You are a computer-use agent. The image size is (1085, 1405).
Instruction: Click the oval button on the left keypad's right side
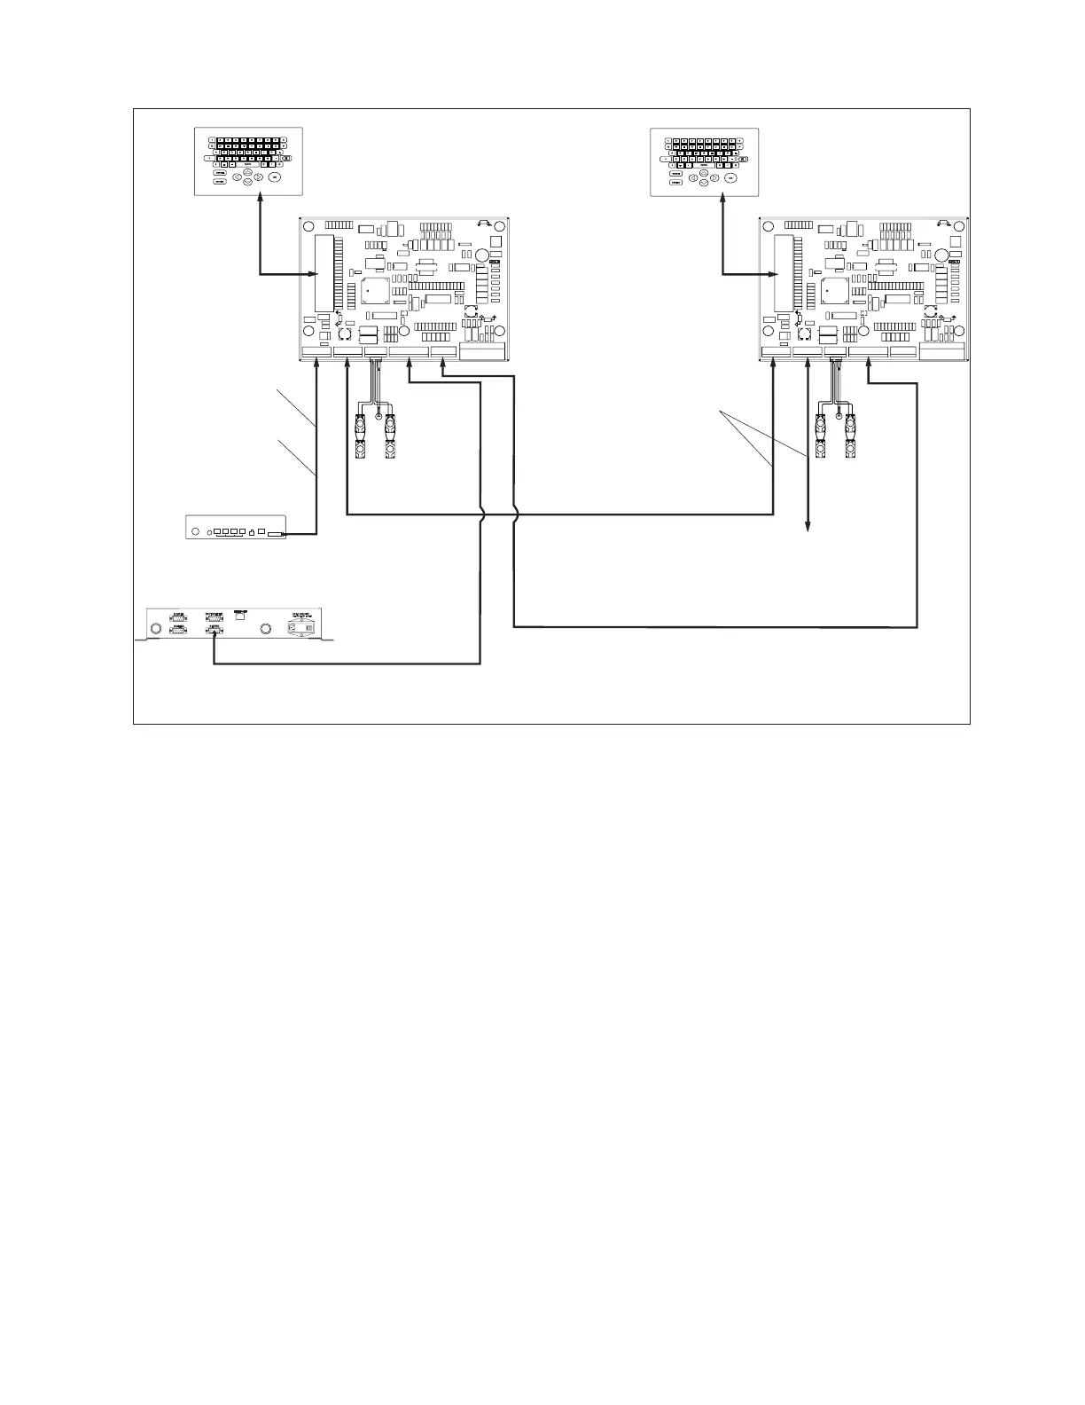pyautogui.click(x=275, y=177)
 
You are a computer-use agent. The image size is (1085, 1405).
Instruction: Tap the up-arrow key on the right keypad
pyautogui.click(x=703, y=172)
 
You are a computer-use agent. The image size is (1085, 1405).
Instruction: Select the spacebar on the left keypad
pyautogui.click(x=248, y=164)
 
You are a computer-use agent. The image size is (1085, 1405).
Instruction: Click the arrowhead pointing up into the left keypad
pyautogui.click(x=260, y=201)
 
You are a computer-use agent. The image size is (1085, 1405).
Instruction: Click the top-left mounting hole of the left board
pyautogui.click(x=308, y=226)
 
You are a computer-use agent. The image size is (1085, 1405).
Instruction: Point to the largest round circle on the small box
pyautogui.click(x=192, y=533)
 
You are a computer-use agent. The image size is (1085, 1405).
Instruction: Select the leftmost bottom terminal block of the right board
pyautogui.click(x=776, y=352)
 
